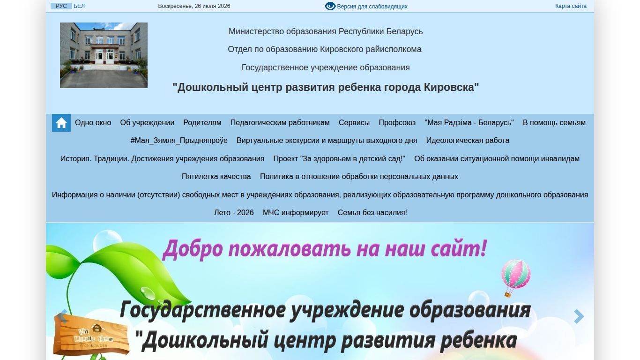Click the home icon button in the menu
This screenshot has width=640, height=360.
(61, 123)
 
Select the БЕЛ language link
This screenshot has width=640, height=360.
(79, 6)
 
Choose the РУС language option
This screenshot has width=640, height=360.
(61, 6)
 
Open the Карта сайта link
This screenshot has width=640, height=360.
(571, 6)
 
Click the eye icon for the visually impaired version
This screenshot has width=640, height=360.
(330, 6)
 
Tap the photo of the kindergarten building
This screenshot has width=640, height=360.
(104, 55)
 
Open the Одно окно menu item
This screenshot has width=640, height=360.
(93, 123)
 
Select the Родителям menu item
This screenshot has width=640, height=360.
(202, 123)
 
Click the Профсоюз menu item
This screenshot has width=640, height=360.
(397, 123)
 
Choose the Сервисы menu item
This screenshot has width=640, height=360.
(354, 123)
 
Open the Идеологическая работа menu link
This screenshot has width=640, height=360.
(468, 141)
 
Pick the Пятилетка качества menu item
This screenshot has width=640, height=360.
(216, 177)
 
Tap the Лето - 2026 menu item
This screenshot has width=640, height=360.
(234, 213)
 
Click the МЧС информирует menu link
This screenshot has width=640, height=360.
(296, 213)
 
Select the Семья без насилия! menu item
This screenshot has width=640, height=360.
(372, 213)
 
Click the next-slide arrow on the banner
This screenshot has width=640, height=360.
(579, 316)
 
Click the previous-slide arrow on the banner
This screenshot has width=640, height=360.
(63, 316)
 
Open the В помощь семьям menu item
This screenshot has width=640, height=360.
(554, 123)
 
